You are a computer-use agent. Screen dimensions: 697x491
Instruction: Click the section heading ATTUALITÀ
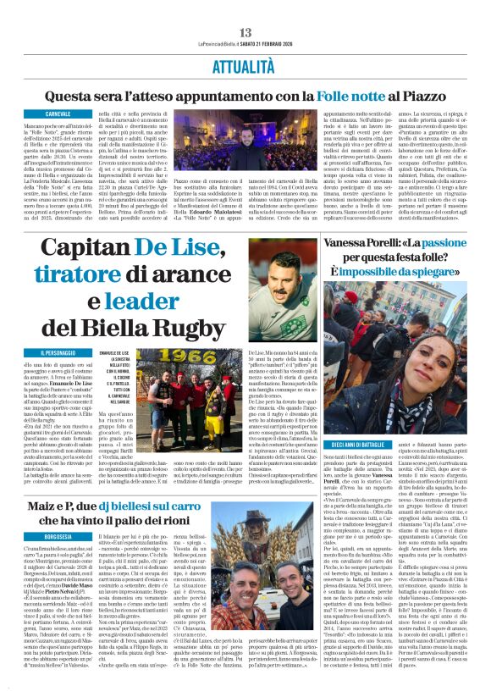pos(245,64)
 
